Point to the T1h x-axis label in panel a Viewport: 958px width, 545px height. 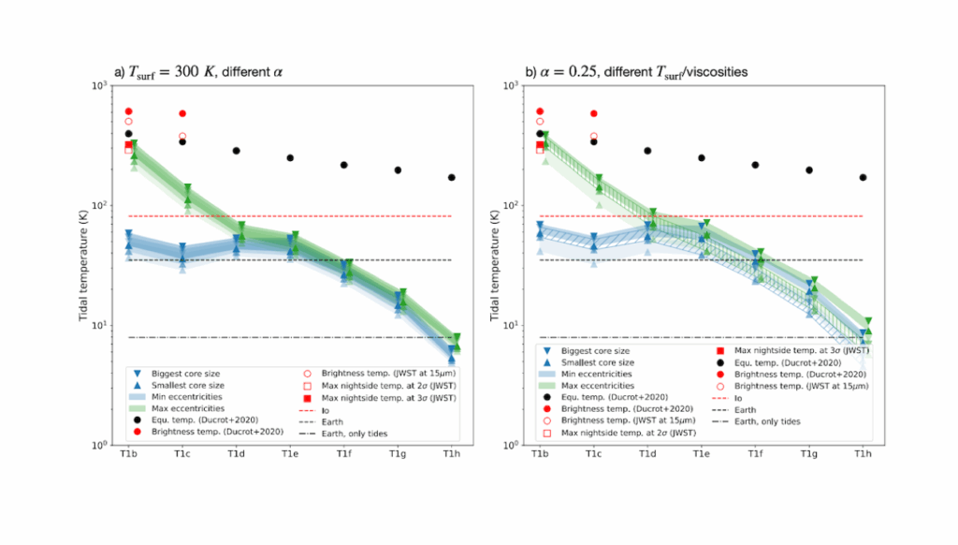coord(454,455)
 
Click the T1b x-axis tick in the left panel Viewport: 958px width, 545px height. coord(129,446)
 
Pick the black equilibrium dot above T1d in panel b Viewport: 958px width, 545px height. coord(646,151)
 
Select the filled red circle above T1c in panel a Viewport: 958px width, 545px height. coord(183,113)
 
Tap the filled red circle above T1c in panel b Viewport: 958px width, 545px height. coord(593,113)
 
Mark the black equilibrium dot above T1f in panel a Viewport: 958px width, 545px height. coord(344,165)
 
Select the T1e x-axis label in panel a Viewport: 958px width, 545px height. coord(291,455)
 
